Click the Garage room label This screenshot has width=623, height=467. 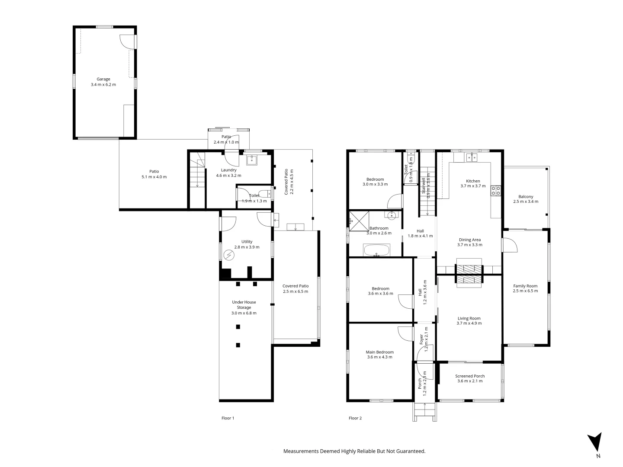pos(103,79)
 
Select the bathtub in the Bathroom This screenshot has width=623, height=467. pos(376,250)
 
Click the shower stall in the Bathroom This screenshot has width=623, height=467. pos(358,220)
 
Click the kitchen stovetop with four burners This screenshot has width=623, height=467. pos(496,191)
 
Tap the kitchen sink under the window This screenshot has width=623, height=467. pos(472,157)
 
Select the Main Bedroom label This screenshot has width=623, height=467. pos(379,352)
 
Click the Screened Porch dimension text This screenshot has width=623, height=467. pos(469,381)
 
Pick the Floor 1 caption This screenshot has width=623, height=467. pos(228,418)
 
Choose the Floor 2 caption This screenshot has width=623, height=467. pos(355,418)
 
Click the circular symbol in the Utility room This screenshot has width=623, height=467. pos(229,256)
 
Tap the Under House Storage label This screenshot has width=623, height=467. pos(244,305)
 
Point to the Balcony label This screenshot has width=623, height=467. pos(526,196)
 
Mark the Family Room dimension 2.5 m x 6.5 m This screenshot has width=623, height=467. pos(525,291)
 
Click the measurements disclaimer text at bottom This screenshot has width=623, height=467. pos(354,451)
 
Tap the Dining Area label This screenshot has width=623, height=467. pos(469,240)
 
